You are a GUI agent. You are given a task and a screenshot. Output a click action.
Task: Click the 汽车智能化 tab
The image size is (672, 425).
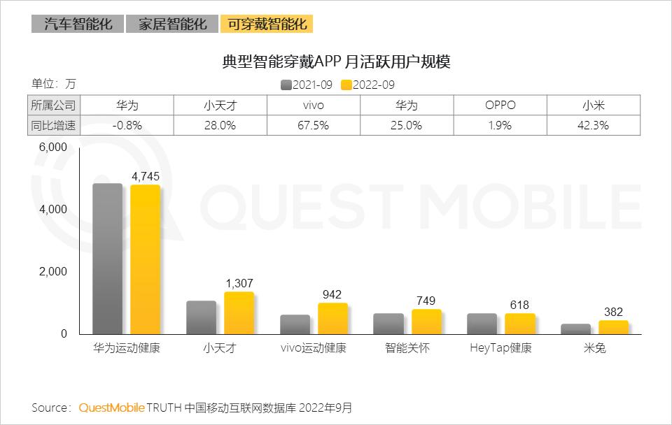[76, 24]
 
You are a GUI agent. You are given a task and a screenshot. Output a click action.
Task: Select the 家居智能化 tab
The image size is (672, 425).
[171, 24]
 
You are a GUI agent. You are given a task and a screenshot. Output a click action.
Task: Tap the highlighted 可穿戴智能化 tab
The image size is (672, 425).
[266, 24]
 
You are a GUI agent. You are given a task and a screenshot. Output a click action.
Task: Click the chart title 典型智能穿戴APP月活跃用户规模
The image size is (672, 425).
[335, 62]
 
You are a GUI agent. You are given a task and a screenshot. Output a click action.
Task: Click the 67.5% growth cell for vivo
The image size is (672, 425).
[314, 126]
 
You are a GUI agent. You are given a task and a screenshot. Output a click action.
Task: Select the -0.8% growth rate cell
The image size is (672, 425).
[127, 126]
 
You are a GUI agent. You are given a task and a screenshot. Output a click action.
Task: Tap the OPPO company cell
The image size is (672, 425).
[500, 106]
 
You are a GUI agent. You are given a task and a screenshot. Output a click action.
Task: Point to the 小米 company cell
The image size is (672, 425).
[594, 106]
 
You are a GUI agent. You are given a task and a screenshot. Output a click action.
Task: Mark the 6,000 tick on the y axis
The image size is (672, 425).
[53, 147]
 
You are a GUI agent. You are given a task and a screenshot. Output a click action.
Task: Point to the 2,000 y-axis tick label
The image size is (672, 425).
[53, 272]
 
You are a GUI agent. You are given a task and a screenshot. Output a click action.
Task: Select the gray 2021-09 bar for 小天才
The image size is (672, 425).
[201, 317]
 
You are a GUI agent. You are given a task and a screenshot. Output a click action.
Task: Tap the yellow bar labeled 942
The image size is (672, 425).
[332, 319]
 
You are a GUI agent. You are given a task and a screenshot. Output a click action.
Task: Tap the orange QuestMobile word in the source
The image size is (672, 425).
[111, 407]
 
